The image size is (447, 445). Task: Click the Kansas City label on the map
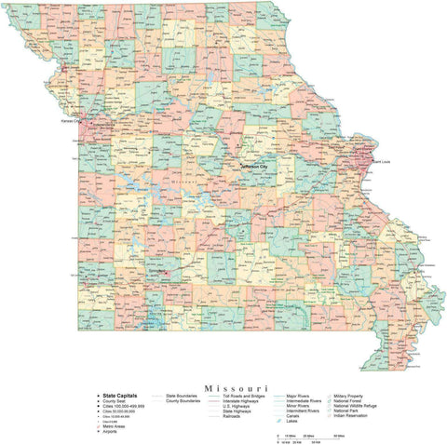click(x=71, y=121)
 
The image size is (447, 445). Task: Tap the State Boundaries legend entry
click(x=183, y=396)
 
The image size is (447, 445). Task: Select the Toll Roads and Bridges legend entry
click(x=245, y=396)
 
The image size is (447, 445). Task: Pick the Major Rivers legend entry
click(x=299, y=396)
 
